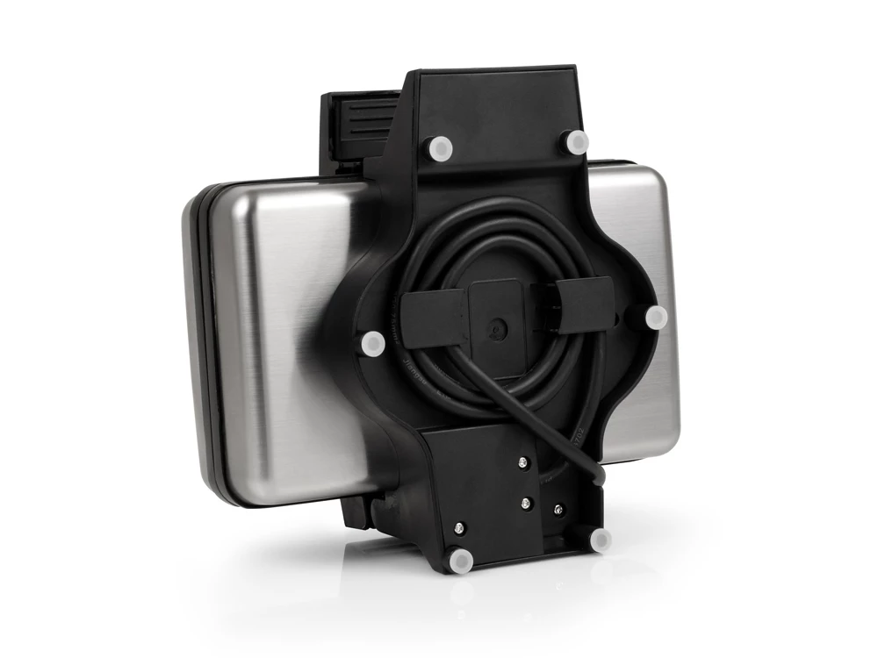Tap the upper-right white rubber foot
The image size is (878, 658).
(x=575, y=140)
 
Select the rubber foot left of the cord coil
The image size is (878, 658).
(x=372, y=343)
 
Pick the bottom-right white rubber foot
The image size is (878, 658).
(x=601, y=539)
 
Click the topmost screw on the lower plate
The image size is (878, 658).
(x=522, y=463)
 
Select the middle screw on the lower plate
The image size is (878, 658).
(x=526, y=503)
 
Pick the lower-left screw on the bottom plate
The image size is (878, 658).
(x=459, y=528)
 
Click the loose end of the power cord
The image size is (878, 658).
(x=598, y=477)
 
